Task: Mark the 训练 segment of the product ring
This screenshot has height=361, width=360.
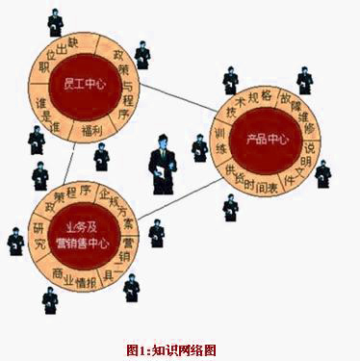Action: pos(221,144)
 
